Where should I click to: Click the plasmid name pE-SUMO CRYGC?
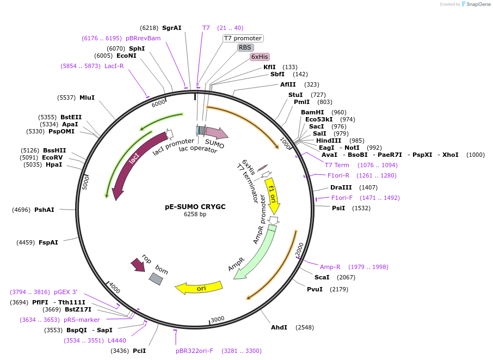195,207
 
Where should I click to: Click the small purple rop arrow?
138,265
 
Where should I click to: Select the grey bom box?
156,279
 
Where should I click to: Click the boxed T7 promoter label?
243,38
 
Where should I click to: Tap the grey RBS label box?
245,47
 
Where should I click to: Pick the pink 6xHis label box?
260,57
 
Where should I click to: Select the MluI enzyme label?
87,97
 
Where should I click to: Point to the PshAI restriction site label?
44,210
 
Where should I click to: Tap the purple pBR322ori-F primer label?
194,351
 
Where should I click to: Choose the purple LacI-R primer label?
114,66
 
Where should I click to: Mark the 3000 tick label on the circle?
218,319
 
